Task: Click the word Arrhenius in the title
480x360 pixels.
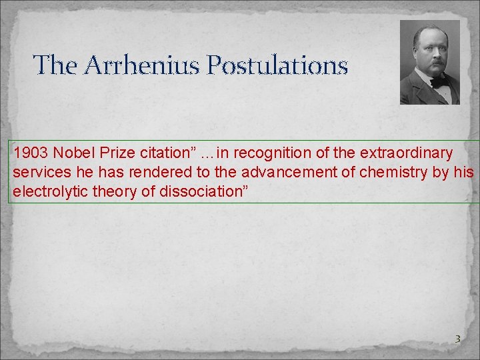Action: click(138, 65)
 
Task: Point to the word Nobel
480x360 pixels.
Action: click(71, 153)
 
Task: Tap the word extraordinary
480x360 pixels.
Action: click(408, 153)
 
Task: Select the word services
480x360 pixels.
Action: click(38, 171)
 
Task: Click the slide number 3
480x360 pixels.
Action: click(457, 339)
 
